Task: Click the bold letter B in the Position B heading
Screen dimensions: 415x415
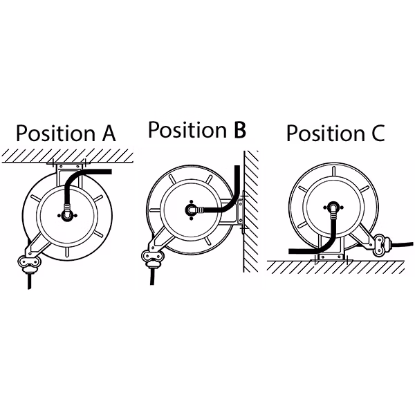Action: (x=240, y=129)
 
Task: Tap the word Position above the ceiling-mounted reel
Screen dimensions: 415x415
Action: (x=55, y=133)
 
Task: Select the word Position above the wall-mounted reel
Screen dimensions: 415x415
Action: (x=187, y=129)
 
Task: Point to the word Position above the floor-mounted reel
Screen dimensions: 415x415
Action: (x=326, y=133)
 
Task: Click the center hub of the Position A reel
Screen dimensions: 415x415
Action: (x=66, y=215)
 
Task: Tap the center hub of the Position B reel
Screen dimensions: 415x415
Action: (x=191, y=210)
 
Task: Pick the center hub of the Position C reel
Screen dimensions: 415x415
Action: (x=333, y=207)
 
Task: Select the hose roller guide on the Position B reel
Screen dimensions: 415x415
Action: (x=153, y=258)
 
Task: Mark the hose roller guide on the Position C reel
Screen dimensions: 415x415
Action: (x=381, y=246)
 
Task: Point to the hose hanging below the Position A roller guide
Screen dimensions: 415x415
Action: (x=30, y=281)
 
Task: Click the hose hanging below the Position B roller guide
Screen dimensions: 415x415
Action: (x=152, y=276)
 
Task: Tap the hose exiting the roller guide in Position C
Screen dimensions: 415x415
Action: (x=402, y=244)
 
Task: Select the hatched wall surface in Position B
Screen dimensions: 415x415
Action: (x=251, y=211)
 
